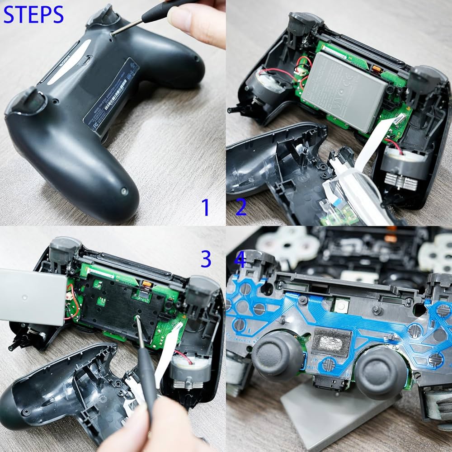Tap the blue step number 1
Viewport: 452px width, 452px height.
pos(206,207)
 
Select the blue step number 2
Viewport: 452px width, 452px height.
pos(241,207)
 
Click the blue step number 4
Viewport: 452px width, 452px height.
pos(240,260)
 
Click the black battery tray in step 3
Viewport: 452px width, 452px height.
pos(120,307)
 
